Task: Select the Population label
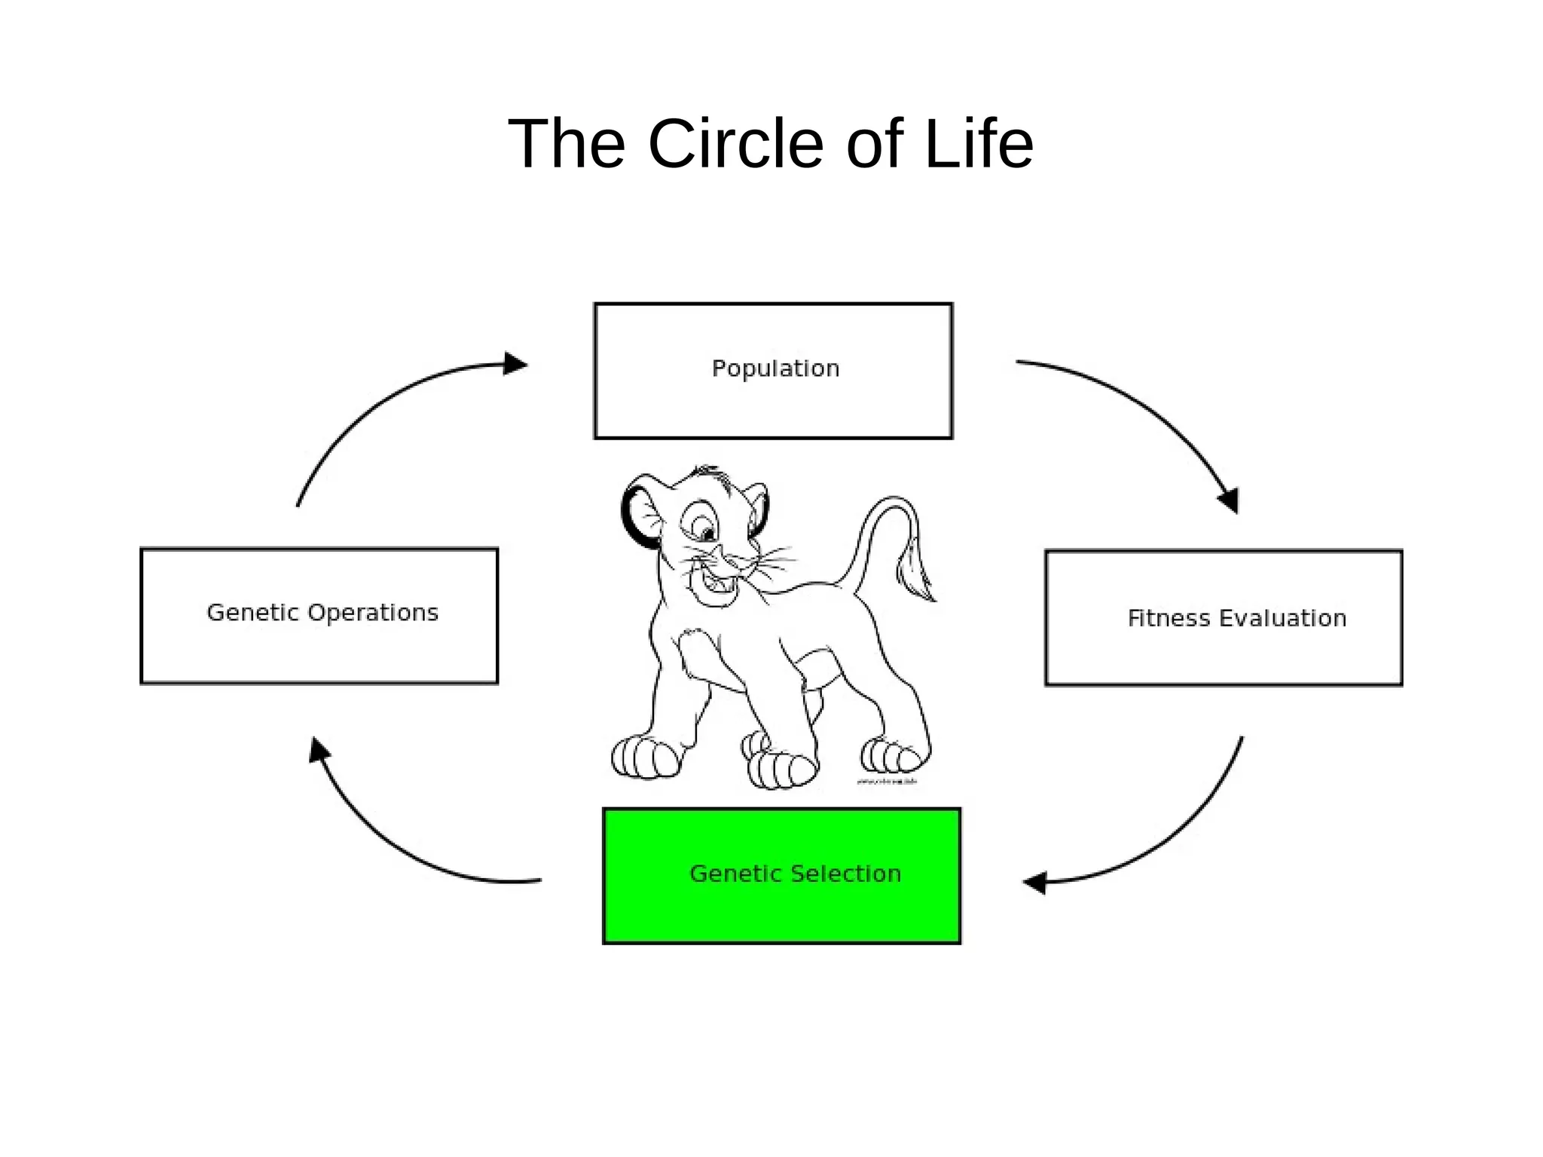(775, 369)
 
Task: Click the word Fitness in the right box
(1169, 618)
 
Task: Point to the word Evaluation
(1282, 618)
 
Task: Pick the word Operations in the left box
(374, 613)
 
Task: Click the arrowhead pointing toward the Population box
(515, 364)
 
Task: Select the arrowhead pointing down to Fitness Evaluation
(1229, 500)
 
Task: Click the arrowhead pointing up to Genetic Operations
(319, 750)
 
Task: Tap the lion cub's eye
(707, 534)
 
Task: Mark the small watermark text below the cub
(887, 782)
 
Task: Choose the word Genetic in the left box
(252, 613)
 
